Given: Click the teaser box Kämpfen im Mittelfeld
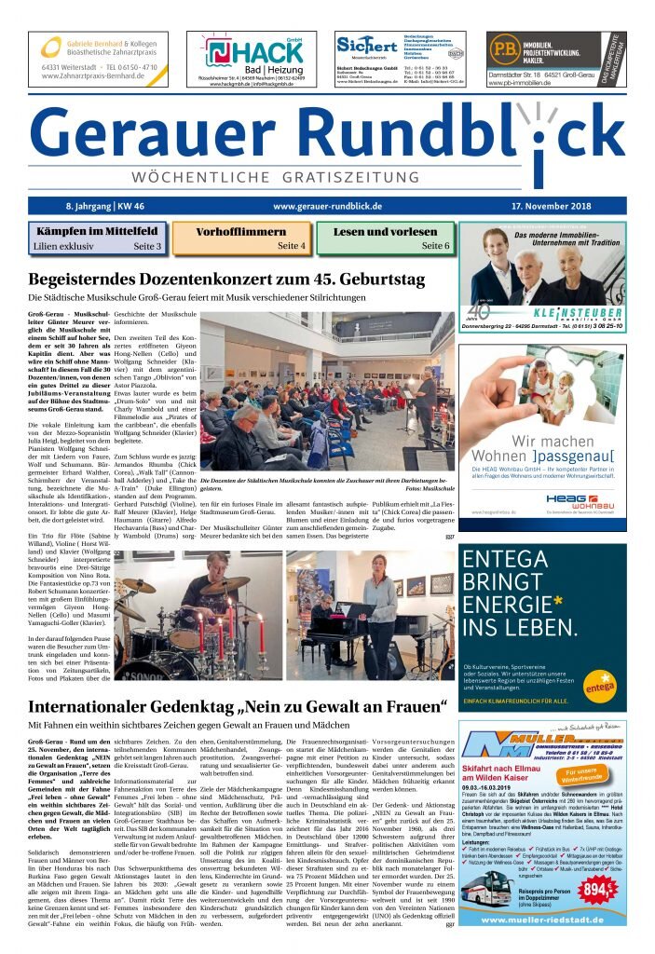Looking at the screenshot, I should coord(98,238).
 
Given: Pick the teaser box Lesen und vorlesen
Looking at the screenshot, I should coord(385,238).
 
